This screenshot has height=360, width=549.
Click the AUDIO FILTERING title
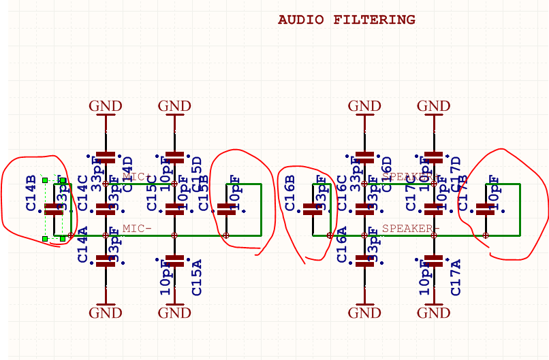346,20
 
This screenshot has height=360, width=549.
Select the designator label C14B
31,193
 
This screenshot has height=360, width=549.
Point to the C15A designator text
197,277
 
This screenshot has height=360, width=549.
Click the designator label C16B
289,193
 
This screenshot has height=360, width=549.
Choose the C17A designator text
456,277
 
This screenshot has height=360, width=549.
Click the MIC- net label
137,229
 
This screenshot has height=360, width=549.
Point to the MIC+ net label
137,177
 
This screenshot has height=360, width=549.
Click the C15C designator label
152,193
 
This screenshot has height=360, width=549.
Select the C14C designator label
82,193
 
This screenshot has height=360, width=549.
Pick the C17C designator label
411,193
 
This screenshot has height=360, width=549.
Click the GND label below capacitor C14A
106,313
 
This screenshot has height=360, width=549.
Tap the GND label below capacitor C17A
433,313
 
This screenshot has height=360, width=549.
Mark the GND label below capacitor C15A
174,313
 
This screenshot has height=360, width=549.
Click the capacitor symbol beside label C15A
174,261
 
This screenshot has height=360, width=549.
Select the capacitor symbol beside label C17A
433,261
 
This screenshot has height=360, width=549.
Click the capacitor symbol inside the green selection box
54,210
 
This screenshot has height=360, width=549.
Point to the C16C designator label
341,193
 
